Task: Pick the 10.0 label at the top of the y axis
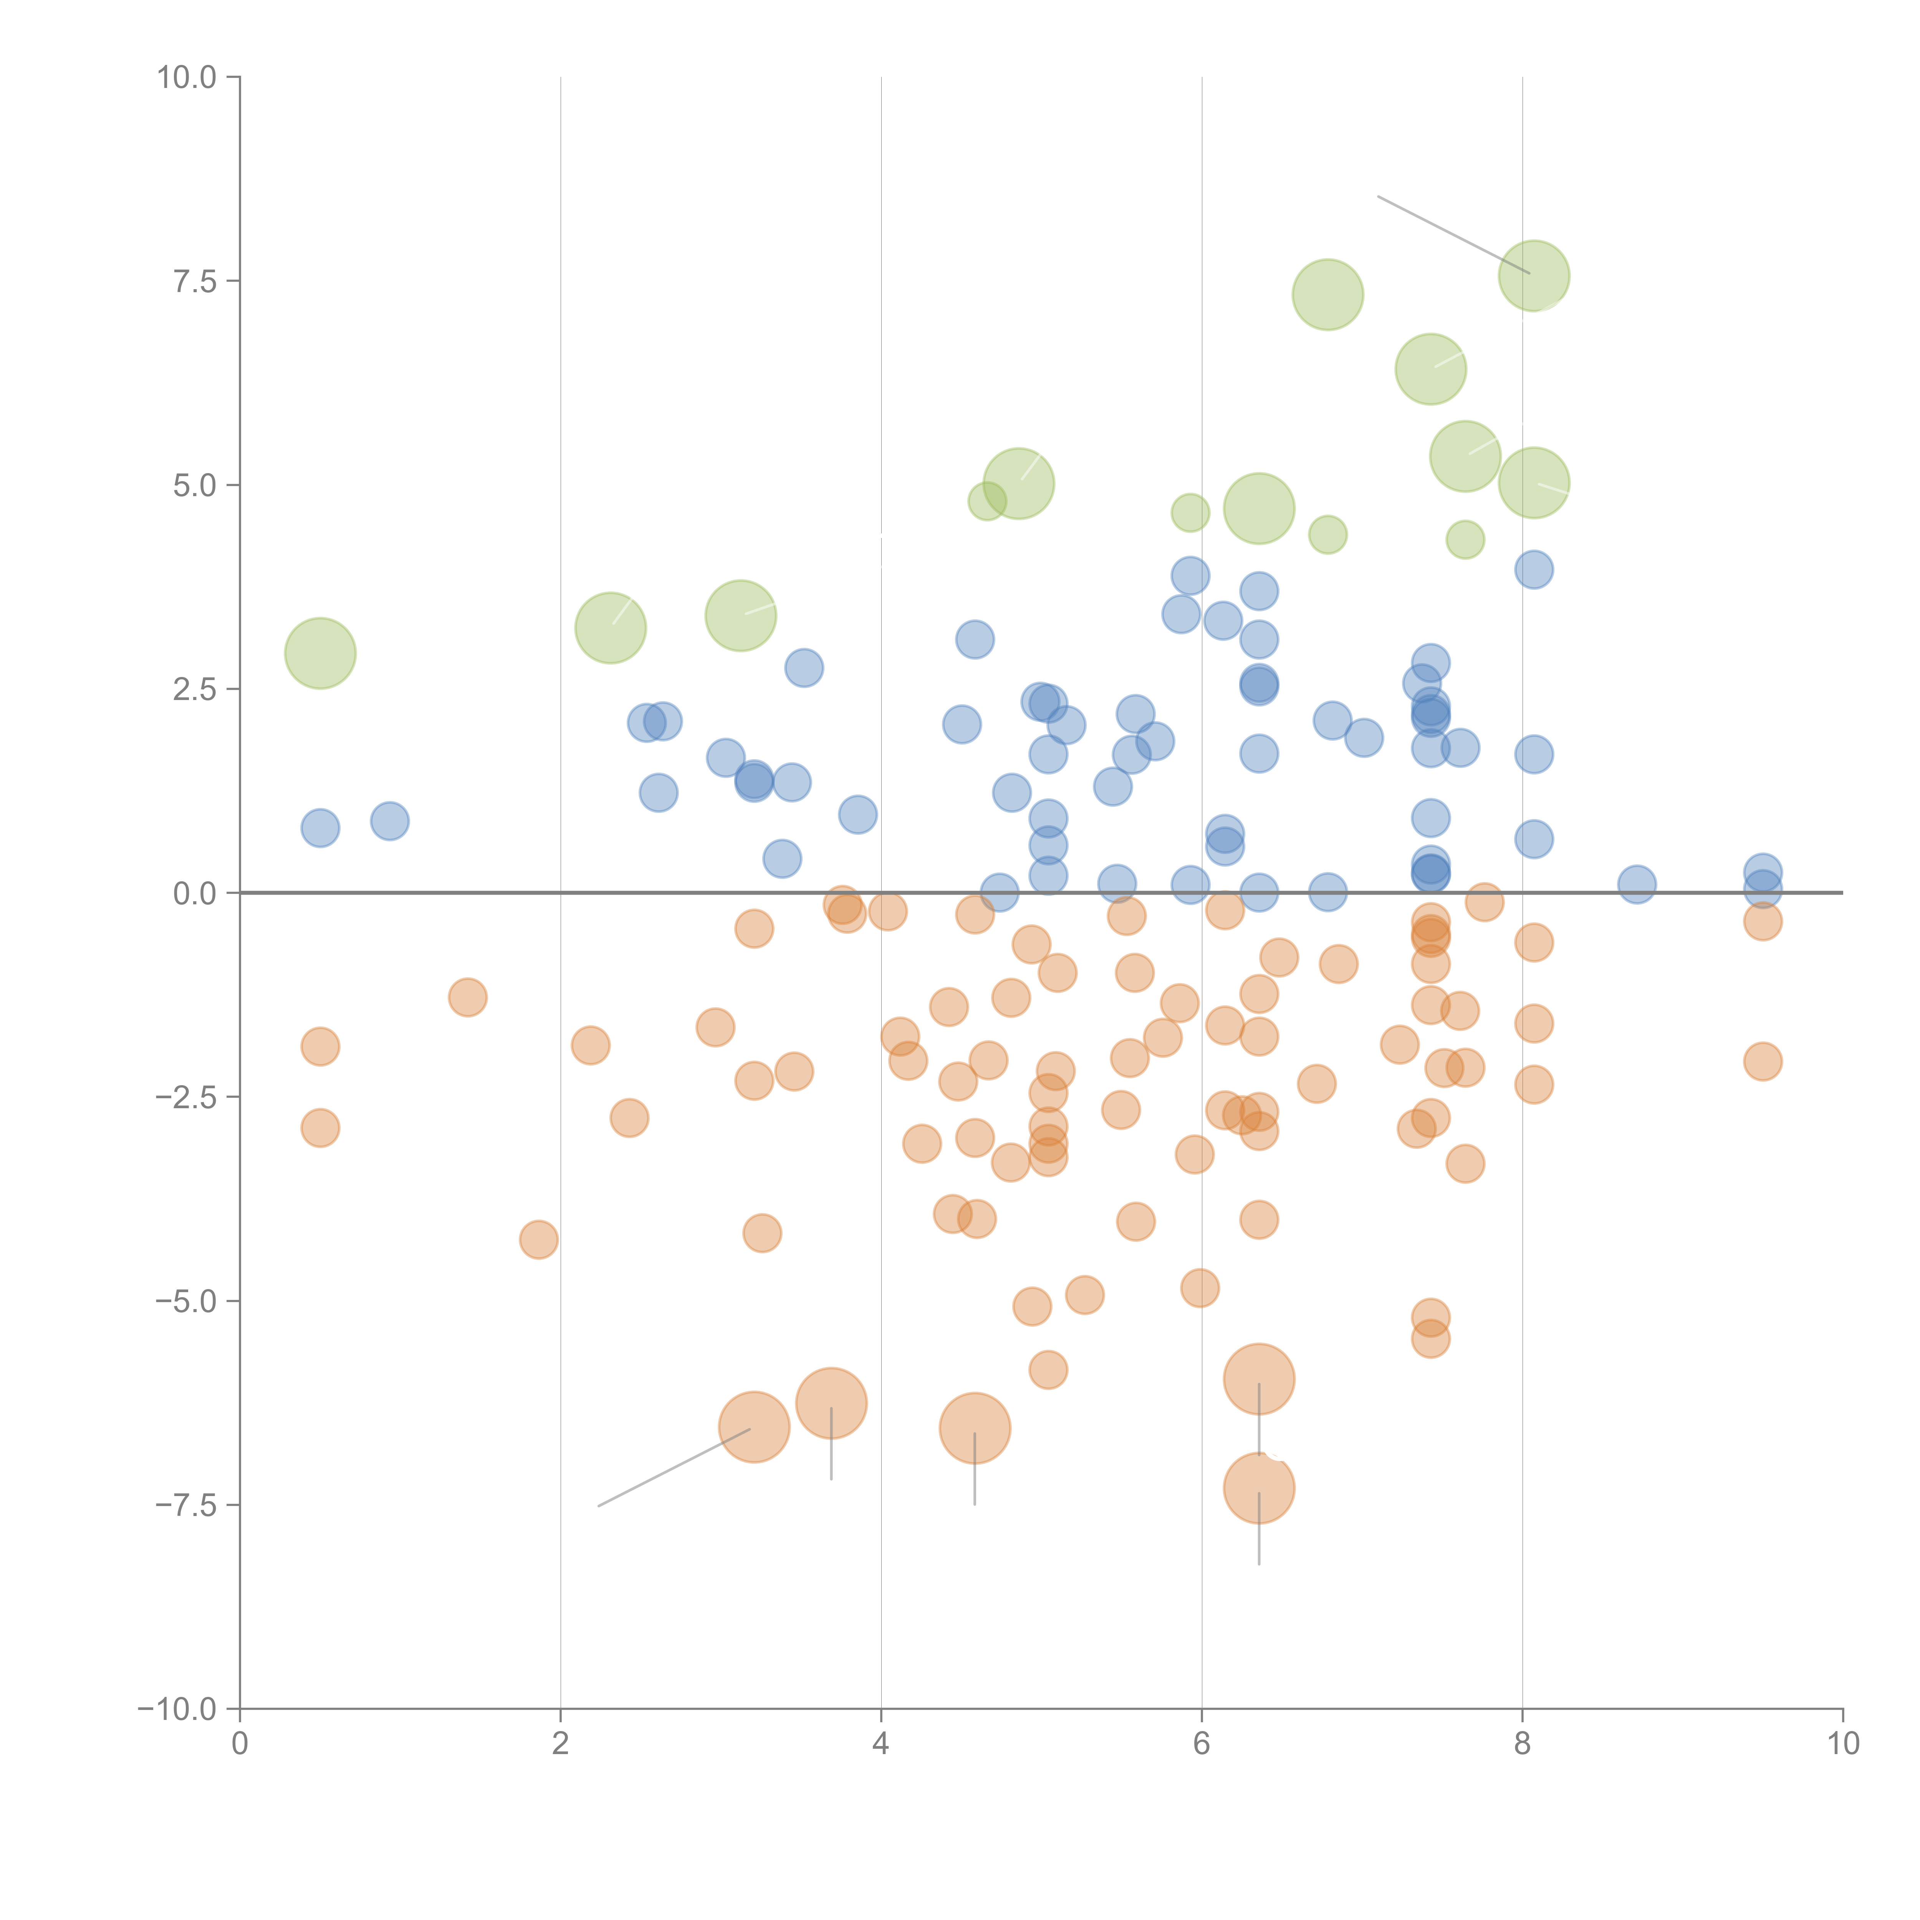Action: coord(187,78)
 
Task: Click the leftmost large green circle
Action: coord(320,653)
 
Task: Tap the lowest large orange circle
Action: coord(1259,1488)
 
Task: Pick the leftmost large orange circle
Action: coord(754,1427)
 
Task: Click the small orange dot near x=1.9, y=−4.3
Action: coord(539,1239)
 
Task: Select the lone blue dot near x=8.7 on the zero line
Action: coord(1637,884)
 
